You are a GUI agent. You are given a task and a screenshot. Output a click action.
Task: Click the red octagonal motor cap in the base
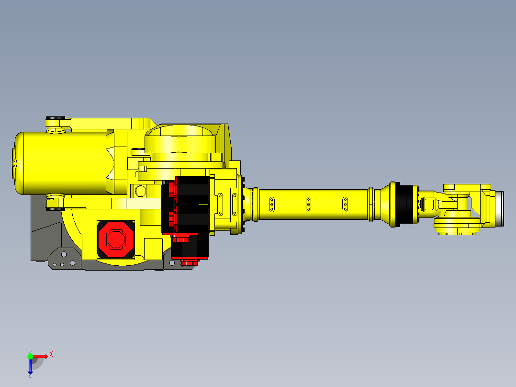click(x=115, y=239)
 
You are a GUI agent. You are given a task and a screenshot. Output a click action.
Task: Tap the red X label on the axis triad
click(x=51, y=354)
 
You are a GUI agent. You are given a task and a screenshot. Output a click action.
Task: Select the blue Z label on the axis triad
click(x=30, y=375)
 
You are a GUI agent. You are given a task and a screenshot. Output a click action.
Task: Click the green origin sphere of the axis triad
click(x=30, y=356)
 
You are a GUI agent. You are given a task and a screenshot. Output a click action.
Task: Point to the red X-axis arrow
click(x=41, y=356)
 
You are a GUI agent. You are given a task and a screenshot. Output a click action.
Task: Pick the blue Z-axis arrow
click(x=30, y=366)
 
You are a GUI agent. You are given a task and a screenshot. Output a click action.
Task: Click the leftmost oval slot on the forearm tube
click(x=271, y=204)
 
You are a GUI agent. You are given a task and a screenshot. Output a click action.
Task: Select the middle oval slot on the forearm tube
click(x=309, y=204)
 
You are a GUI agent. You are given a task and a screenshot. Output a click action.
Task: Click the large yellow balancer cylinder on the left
click(x=62, y=163)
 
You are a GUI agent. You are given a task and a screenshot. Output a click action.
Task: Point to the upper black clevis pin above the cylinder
click(x=55, y=119)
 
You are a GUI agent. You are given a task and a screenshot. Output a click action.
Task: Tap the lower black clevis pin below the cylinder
click(x=55, y=208)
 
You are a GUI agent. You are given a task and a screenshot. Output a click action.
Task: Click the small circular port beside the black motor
click(x=141, y=191)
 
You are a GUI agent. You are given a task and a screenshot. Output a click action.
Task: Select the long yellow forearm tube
click(x=311, y=204)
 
